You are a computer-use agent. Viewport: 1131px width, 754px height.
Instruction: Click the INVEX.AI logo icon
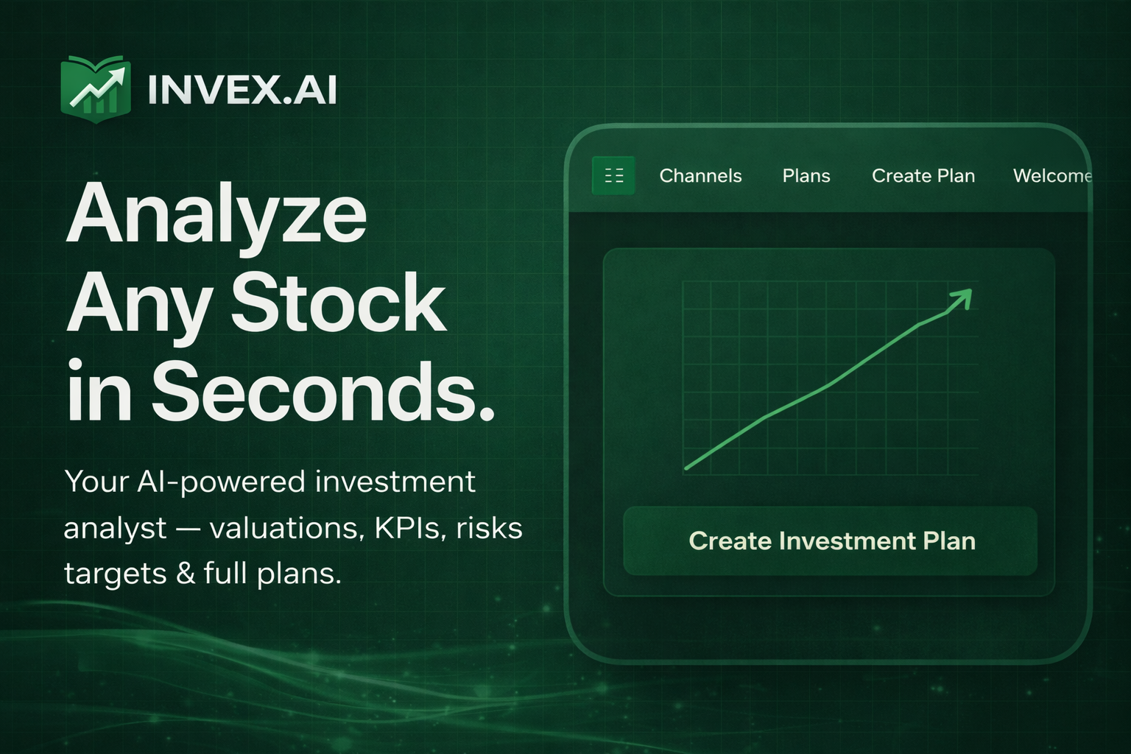[96, 88]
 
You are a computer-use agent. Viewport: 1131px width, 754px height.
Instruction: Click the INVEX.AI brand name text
[242, 91]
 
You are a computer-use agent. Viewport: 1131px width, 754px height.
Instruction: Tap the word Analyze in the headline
[216, 214]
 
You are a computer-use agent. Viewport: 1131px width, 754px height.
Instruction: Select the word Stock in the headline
[339, 303]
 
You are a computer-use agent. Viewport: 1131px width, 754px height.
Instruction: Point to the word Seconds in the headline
[323, 392]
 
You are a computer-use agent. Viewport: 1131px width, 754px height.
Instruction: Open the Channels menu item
[700, 176]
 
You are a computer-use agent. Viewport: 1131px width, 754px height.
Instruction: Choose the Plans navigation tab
[806, 176]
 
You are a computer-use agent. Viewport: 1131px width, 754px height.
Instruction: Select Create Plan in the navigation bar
[923, 176]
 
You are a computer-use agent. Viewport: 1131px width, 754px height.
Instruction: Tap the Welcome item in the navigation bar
[1052, 176]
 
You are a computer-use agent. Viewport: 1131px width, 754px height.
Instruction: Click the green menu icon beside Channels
[613, 175]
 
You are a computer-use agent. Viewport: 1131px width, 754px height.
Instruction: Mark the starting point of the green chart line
[687, 468]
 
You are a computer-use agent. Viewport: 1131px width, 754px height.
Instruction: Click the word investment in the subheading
[395, 482]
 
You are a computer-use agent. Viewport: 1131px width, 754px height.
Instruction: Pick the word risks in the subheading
[490, 528]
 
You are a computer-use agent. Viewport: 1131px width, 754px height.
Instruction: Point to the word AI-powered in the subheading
[222, 482]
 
